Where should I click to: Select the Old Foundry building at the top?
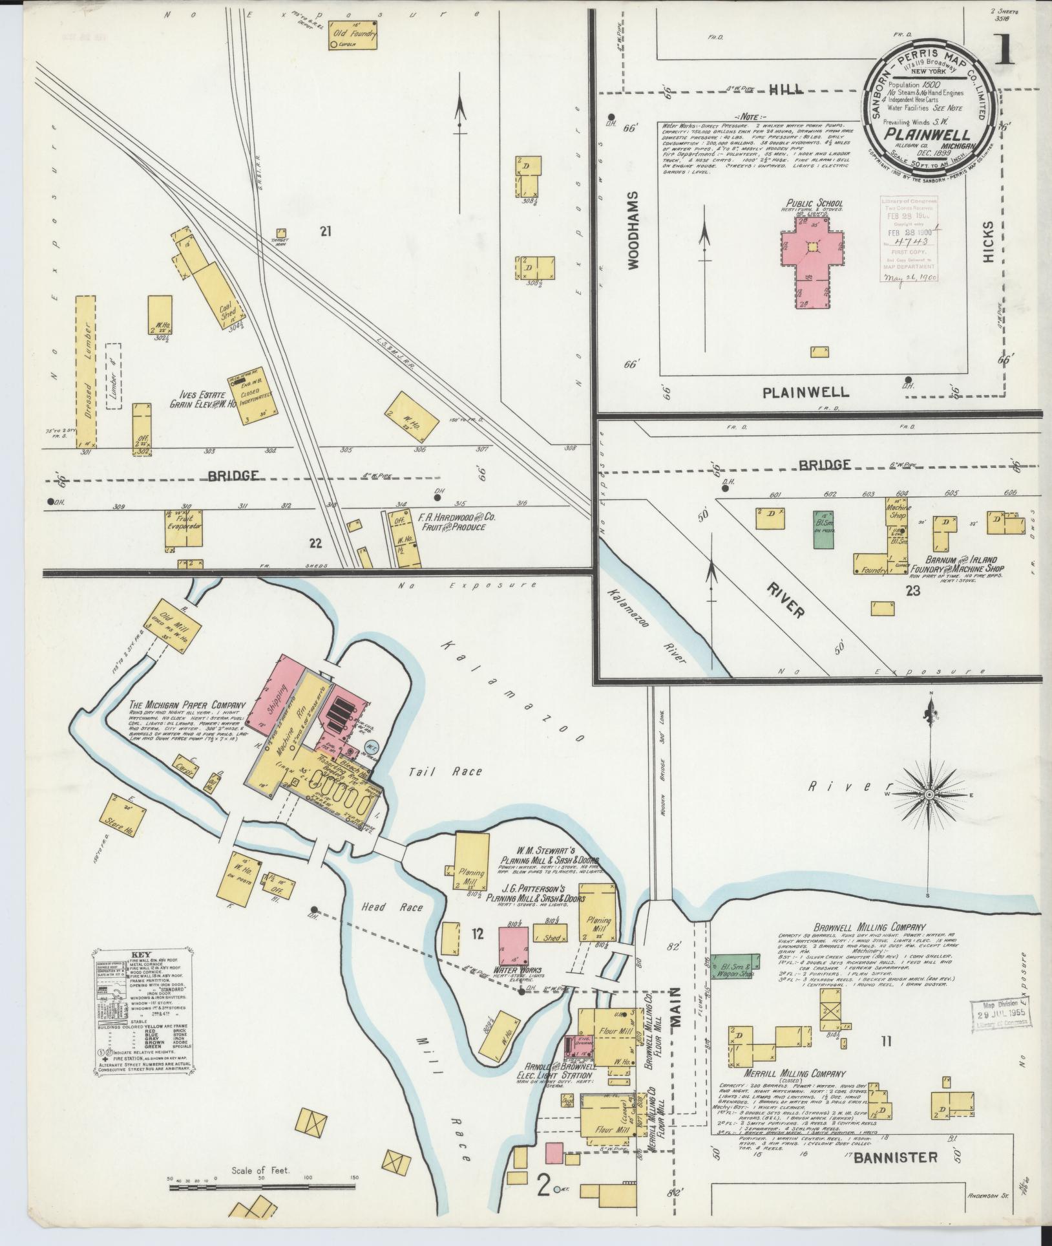(353, 35)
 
